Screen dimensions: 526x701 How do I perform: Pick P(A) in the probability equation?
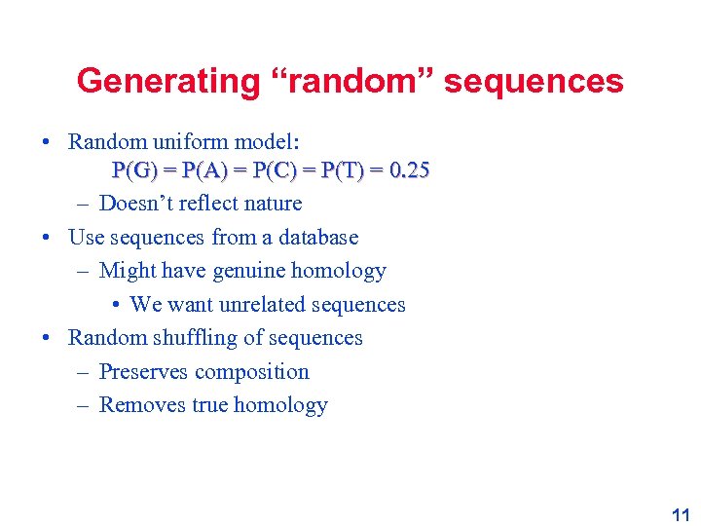point(204,171)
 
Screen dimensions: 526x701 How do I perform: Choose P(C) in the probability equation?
point(275,171)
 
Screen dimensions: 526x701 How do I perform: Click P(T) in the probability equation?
point(344,171)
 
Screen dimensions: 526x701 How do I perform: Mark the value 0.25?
point(409,171)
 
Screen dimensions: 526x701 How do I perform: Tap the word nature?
point(273,204)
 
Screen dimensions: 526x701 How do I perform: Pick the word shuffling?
point(194,338)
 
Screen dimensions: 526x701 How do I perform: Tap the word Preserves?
point(144,372)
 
